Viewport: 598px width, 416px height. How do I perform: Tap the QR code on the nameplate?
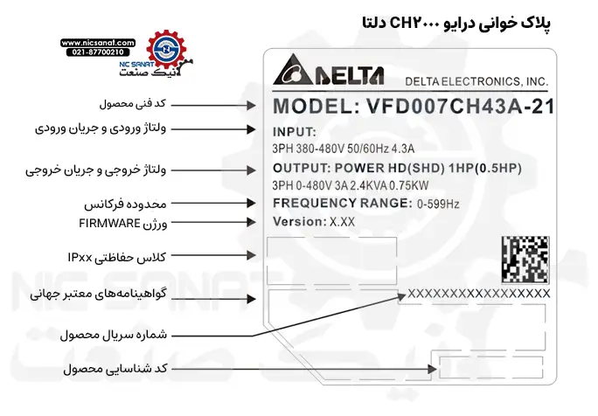click(x=525, y=260)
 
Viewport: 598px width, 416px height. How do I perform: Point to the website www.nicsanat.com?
click(x=98, y=41)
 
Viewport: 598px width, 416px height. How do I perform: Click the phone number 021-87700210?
click(x=98, y=52)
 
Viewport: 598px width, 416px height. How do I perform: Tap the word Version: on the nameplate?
click(x=298, y=222)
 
